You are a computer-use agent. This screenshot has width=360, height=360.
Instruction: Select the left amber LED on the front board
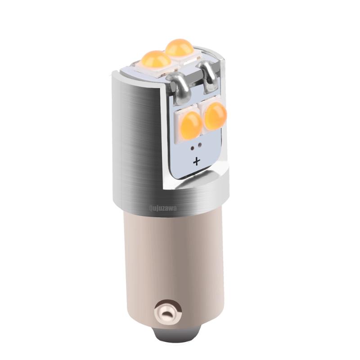coord(191,121)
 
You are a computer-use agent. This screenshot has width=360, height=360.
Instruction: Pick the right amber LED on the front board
coord(215,113)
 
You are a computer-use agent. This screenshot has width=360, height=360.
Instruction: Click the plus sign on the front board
coord(196,162)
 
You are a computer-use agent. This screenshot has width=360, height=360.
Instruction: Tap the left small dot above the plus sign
coord(192,147)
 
